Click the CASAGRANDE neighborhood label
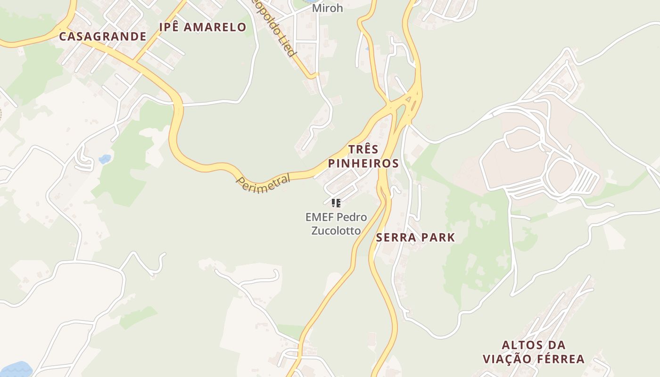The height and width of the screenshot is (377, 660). pyautogui.click(x=103, y=36)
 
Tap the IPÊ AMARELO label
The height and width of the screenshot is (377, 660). pyautogui.click(x=203, y=27)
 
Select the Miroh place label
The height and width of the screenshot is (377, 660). pyautogui.click(x=327, y=8)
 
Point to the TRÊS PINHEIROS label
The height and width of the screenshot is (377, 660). pyautogui.click(x=363, y=156)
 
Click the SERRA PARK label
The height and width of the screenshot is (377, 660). pyautogui.click(x=415, y=238)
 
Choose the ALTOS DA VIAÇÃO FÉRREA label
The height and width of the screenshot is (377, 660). pyautogui.click(x=534, y=352)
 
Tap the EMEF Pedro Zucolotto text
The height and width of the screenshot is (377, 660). pyautogui.click(x=336, y=224)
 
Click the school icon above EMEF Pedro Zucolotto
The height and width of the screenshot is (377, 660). pyautogui.click(x=336, y=203)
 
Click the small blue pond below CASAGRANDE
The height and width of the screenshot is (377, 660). pyautogui.click(x=105, y=159)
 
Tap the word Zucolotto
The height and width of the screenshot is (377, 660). pyautogui.click(x=336, y=230)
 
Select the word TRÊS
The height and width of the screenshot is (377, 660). pyautogui.click(x=363, y=149)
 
